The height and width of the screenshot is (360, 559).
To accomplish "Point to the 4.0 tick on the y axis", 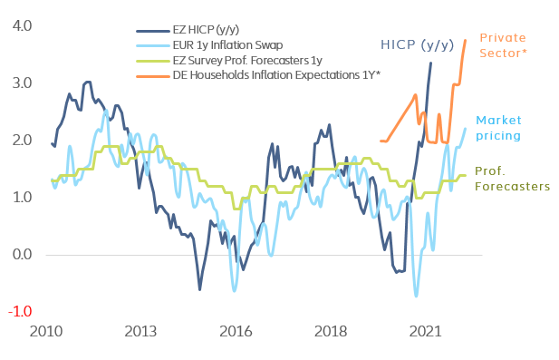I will point(20,25).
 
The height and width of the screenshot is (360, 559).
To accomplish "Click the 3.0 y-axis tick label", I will point(20,83).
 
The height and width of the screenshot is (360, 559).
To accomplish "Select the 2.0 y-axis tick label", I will point(20,140).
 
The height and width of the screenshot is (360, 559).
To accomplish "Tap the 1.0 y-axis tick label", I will point(20,197).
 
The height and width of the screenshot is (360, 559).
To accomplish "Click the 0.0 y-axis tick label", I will point(20,254).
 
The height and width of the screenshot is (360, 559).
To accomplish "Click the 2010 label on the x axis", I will point(46,331).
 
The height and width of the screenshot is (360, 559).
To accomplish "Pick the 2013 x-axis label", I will point(140,331).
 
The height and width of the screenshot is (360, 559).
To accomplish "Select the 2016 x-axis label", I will point(235,331).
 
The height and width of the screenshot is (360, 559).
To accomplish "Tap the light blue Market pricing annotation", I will point(498,128).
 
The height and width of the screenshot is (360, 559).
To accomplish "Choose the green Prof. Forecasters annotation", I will point(513,178).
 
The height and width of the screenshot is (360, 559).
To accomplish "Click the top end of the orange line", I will point(465,40).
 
